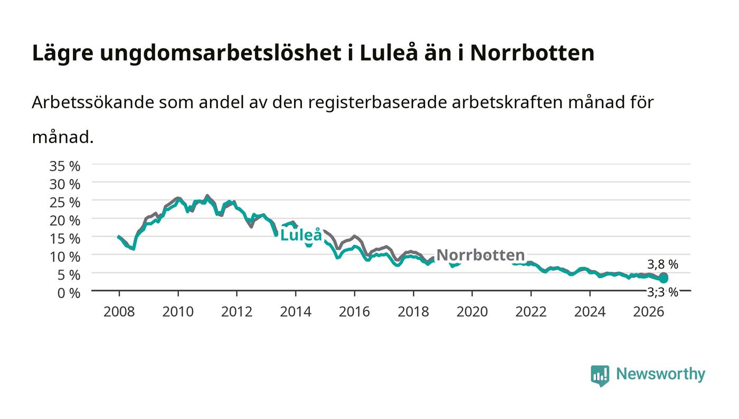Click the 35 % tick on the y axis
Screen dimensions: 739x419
[x=64, y=166]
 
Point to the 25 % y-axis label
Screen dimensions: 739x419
[x=64, y=202]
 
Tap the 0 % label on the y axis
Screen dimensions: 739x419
[x=69, y=293]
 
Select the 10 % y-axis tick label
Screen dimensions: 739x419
[x=64, y=256]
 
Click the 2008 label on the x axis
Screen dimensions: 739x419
[x=119, y=312]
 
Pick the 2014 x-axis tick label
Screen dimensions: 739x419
[x=296, y=312]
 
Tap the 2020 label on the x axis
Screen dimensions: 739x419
[x=472, y=312]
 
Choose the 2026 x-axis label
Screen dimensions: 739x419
[x=649, y=312]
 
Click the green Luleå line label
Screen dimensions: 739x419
[x=301, y=235]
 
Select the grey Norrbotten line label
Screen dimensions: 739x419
[x=481, y=255]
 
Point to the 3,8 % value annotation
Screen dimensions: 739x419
[x=663, y=264]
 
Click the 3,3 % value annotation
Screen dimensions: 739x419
[x=663, y=292]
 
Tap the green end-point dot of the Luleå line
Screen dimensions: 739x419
[x=664, y=279]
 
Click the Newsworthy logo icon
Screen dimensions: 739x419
[x=600, y=376]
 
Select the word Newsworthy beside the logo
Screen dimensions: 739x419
[x=661, y=374]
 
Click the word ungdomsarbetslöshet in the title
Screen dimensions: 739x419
[x=221, y=53]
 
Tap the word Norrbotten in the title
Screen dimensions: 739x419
[x=532, y=53]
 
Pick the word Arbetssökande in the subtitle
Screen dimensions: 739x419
[x=93, y=102]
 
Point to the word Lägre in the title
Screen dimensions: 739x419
[x=63, y=53]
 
